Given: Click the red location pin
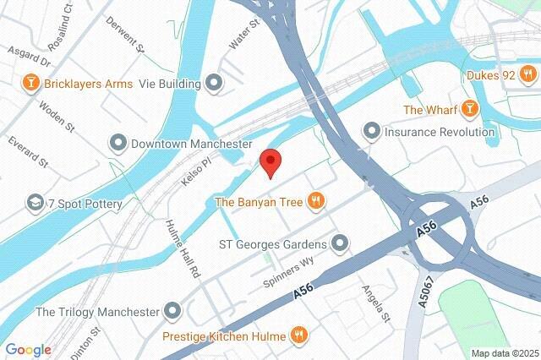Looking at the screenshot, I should pyautogui.click(x=270, y=161).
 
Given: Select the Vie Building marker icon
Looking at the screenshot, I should pyautogui.click(x=214, y=83).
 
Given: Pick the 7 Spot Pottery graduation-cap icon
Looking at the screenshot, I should pyautogui.click(x=35, y=203).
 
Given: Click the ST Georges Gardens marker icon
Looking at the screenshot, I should pyautogui.click(x=341, y=245).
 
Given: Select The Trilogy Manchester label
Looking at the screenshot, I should pyautogui.click(x=97, y=312).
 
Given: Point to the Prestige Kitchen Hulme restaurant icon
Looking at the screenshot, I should pyautogui.click(x=298, y=335).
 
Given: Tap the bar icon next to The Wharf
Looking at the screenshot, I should pyautogui.click(x=469, y=109).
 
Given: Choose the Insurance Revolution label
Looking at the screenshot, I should pyautogui.click(x=440, y=132).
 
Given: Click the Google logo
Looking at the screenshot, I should pyautogui.click(x=28, y=350).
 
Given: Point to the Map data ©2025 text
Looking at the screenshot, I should pyautogui.click(x=505, y=353).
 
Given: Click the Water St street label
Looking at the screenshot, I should pyautogui.click(x=243, y=39).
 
